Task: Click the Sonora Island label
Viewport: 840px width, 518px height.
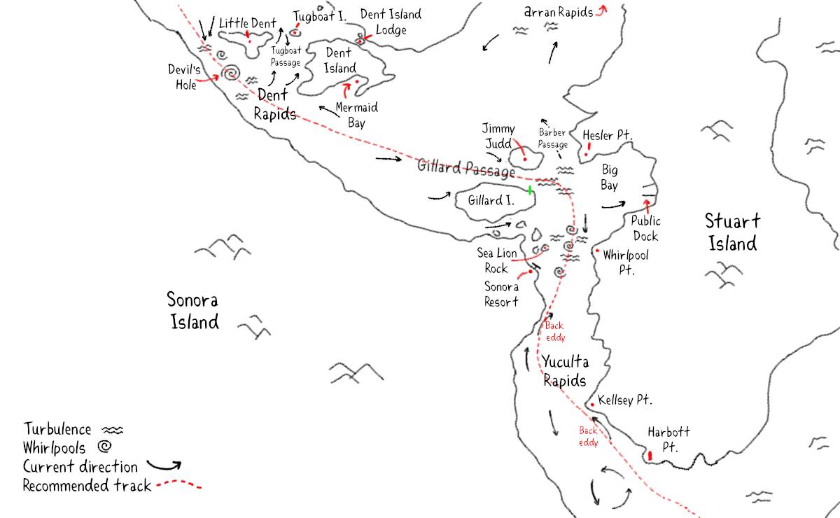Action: coord(192,311)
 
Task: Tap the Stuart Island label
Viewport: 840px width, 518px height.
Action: coord(731,232)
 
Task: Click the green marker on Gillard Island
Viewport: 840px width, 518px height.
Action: coord(530,190)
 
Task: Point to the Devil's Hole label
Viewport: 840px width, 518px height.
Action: coord(184,76)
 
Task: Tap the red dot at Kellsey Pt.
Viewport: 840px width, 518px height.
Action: coord(592,405)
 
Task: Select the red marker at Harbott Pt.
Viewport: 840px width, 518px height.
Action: coord(650,455)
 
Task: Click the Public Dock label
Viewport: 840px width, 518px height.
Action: coord(645,229)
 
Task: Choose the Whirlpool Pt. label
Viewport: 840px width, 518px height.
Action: coord(626,262)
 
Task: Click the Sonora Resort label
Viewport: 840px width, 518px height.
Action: coord(501,294)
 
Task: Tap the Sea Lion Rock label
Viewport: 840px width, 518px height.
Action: coord(493,260)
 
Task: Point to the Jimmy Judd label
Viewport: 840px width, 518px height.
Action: coord(498,135)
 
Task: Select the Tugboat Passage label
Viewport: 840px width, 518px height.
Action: coord(285,56)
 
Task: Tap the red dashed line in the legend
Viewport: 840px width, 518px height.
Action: coord(178,484)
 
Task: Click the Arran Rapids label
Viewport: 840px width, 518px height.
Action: coord(559,12)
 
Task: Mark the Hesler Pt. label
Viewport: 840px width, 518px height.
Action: coord(607,134)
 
